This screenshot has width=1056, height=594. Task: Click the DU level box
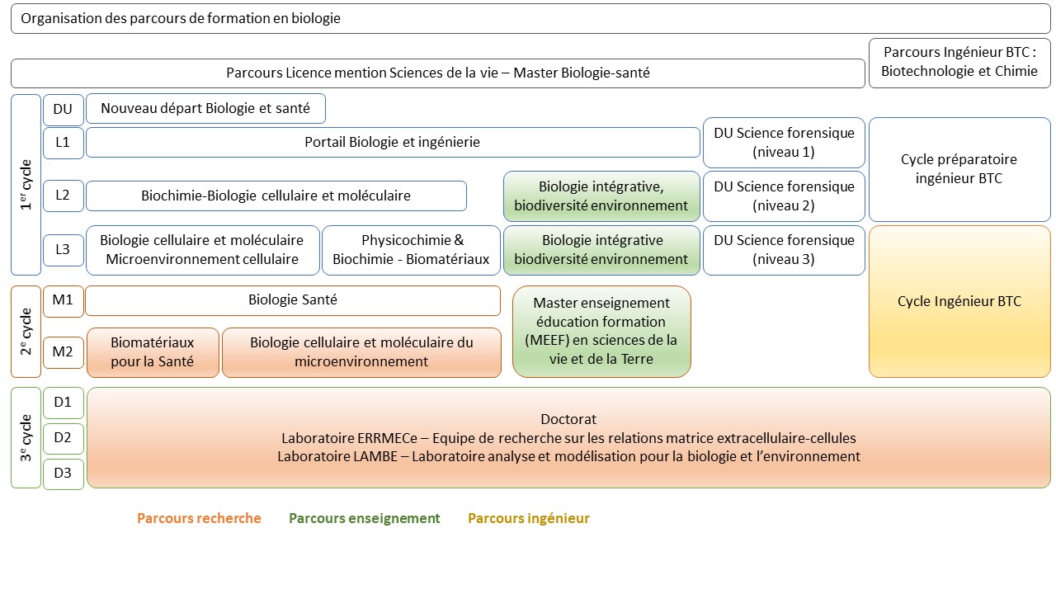63,108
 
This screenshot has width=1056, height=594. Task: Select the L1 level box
63,142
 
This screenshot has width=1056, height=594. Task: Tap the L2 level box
63,196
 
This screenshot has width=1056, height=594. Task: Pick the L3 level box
63,250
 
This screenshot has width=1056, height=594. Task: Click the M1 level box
63,300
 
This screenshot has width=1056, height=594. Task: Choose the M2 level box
63,352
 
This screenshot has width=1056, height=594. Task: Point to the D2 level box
63,437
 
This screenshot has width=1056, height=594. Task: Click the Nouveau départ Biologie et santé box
205,108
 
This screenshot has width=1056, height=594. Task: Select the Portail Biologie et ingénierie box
393,142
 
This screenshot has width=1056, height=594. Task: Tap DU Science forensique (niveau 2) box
784,196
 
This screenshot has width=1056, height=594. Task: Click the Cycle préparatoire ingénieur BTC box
959,169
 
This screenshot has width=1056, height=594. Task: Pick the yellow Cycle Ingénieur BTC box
959,301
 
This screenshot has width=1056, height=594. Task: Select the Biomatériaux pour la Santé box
153,352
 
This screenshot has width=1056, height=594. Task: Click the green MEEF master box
601,331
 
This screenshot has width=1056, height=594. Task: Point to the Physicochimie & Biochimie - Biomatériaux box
411,250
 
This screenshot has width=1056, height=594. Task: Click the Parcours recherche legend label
199,518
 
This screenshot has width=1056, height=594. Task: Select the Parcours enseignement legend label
364,518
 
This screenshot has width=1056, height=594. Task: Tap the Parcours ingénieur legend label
528,518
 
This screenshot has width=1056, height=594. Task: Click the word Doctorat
568,419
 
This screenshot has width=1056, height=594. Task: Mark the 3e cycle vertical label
26,437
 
